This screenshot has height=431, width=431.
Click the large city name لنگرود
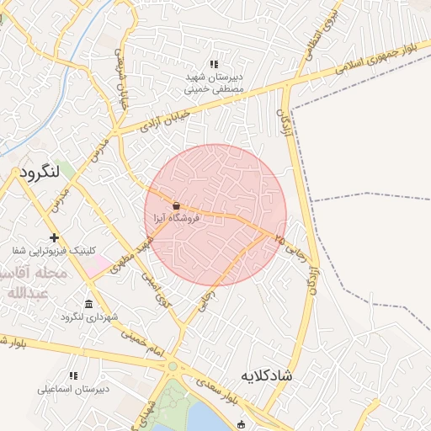tap(40, 172)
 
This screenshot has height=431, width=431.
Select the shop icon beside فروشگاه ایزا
tap(176, 205)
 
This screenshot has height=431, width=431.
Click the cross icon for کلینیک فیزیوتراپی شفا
tap(55, 238)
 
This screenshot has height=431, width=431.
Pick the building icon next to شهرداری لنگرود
tap(89, 304)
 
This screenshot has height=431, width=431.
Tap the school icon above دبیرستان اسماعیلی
tap(72, 375)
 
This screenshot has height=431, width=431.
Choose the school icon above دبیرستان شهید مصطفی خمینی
tap(214, 64)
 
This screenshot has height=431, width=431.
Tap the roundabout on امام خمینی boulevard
tap(173, 365)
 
